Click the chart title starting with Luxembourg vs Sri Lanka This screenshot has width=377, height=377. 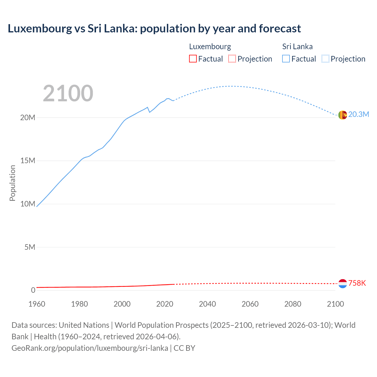(154, 29)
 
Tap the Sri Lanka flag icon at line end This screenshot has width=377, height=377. (343, 115)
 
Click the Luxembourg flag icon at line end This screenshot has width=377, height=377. (343, 284)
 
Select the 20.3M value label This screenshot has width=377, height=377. (358, 115)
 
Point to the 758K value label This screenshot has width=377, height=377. (357, 283)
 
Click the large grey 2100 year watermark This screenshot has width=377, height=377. (68, 93)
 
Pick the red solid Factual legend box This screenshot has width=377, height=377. (193, 59)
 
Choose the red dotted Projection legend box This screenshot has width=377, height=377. (232, 59)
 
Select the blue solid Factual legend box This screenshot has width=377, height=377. (286, 59)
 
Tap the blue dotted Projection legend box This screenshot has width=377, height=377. (325, 59)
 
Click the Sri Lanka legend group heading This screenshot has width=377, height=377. (297, 47)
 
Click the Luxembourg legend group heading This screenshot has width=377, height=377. (210, 47)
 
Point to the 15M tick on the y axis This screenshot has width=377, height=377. (28, 161)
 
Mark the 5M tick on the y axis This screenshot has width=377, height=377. (30, 247)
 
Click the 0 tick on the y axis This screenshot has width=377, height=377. (33, 290)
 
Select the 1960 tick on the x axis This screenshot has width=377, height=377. (37, 304)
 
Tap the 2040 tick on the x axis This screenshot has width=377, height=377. (207, 304)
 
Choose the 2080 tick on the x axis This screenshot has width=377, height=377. (293, 304)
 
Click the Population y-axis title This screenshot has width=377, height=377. (12, 183)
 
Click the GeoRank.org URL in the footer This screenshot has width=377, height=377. (90, 348)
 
